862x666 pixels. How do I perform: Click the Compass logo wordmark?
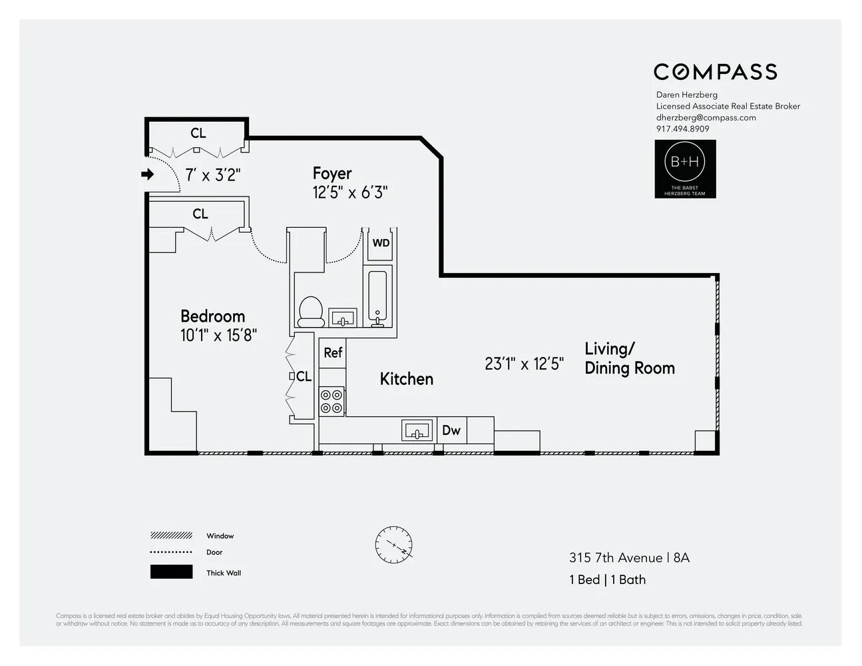click(715, 72)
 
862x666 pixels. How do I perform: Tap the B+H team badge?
click(685, 168)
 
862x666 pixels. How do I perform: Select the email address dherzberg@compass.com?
click(706, 118)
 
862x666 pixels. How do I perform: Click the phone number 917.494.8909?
click(682, 129)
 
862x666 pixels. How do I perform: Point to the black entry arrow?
click(147, 174)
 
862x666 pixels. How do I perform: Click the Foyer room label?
click(332, 173)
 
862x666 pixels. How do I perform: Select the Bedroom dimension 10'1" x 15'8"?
click(218, 335)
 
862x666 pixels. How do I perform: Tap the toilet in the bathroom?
click(311, 312)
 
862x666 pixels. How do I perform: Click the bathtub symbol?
click(377, 298)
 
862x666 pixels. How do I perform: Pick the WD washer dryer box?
click(381, 243)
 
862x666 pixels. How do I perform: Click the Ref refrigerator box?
click(333, 352)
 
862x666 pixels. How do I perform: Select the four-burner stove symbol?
click(331, 402)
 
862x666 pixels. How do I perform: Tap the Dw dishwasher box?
click(451, 430)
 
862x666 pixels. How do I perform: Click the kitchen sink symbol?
click(417, 430)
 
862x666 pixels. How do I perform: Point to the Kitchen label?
click(406, 379)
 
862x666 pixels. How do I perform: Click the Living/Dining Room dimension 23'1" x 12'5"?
click(524, 364)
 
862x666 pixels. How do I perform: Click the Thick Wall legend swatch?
click(171, 572)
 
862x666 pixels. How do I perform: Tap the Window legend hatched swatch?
click(171, 535)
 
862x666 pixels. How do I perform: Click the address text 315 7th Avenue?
click(615, 558)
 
